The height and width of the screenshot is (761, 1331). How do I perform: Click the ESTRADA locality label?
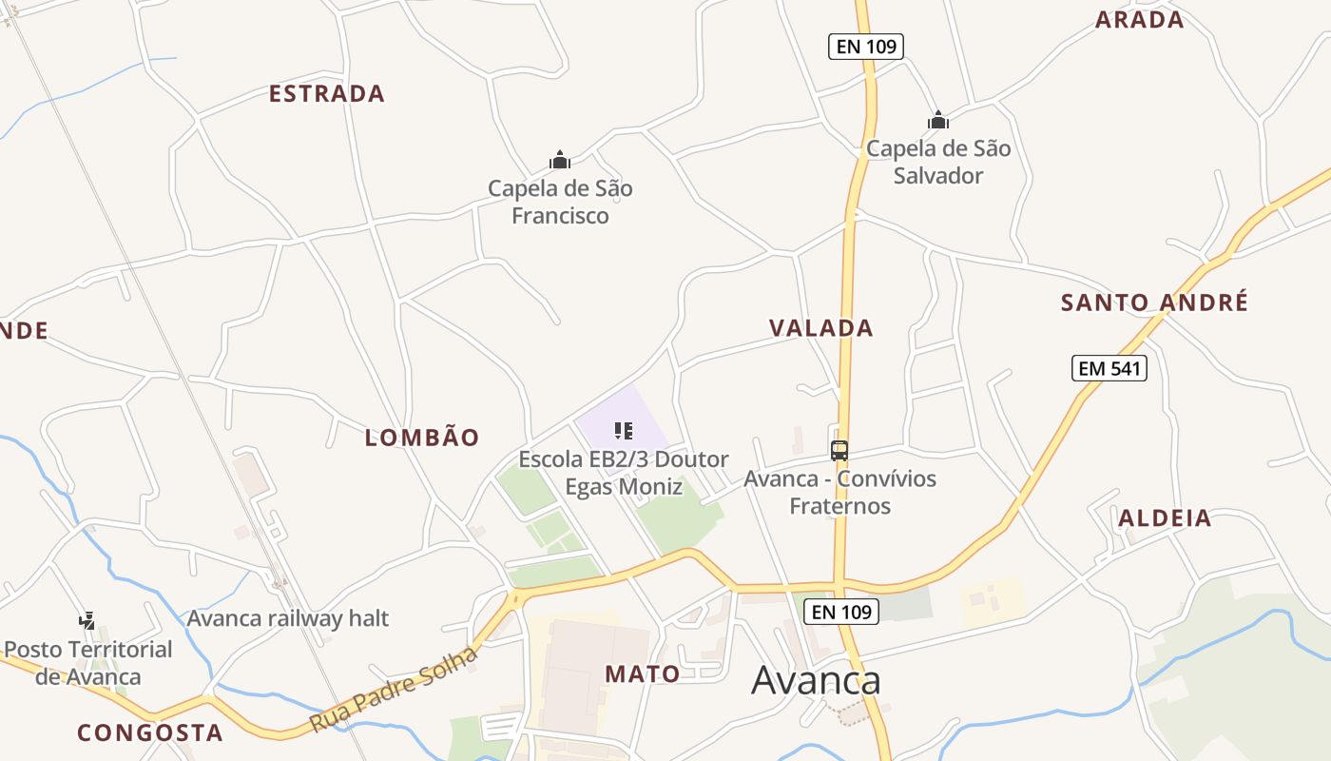[x=326, y=93]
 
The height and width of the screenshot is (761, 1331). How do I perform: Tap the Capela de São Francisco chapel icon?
[x=560, y=160]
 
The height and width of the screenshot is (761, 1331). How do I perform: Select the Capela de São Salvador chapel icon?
[x=938, y=120]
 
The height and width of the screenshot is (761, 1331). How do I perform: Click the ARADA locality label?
[x=1139, y=20]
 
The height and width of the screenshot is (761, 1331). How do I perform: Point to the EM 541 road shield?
[x=1109, y=368]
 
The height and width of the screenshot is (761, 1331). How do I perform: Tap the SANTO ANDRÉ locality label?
[x=1154, y=302]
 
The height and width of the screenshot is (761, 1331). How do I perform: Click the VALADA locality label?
[x=820, y=328]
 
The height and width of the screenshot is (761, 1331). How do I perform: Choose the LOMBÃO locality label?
[x=422, y=438]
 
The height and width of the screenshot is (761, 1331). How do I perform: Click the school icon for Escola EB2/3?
[x=624, y=431]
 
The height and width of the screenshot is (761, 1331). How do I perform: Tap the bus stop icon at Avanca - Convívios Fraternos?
[x=839, y=451]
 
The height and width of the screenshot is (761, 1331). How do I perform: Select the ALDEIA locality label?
[x=1165, y=518]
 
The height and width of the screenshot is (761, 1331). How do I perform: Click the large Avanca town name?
[x=816, y=680]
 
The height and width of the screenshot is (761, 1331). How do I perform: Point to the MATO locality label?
[x=643, y=674]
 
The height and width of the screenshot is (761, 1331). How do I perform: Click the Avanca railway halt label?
[x=287, y=618]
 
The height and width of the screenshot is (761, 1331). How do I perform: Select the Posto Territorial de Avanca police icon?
[x=87, y=621]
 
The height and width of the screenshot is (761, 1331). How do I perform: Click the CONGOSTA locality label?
[x=150, y=733]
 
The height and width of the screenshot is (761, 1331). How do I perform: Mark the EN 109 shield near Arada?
[x=865, y=47]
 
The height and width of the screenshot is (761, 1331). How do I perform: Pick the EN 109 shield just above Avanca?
[x=841, y=612]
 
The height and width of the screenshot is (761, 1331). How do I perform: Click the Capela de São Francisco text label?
[x=560, y=202]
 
